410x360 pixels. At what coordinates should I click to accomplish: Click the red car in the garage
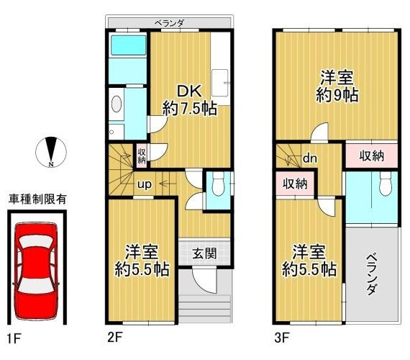(36, 271)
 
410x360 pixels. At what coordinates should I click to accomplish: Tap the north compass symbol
(51, 152)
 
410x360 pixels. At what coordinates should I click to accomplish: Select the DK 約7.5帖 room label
(190, 100)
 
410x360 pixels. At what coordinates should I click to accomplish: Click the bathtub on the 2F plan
(128, 45)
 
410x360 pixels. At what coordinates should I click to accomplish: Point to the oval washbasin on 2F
(117, 104)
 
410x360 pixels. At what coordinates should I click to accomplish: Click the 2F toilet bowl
(219, 184)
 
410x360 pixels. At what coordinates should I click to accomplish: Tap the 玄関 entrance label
(204, 253)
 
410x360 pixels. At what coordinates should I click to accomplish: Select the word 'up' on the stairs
(145, 184)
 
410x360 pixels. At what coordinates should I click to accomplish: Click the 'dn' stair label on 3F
(310, 158)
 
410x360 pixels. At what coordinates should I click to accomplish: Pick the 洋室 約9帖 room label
(337, 86)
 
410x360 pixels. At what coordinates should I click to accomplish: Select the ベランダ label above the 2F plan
(169, 23)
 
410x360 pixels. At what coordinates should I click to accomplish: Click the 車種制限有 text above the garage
(37, 199)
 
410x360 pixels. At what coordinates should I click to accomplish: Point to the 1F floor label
(13, 339)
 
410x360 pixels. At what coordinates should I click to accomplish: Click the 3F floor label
(282, 338)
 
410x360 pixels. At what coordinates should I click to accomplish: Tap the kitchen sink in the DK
(220, 83)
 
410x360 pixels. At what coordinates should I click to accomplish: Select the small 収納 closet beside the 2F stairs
(142, 156)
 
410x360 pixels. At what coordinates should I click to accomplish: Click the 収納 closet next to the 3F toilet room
(371, 156)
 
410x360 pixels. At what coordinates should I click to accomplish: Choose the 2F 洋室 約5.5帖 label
(142, 261)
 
